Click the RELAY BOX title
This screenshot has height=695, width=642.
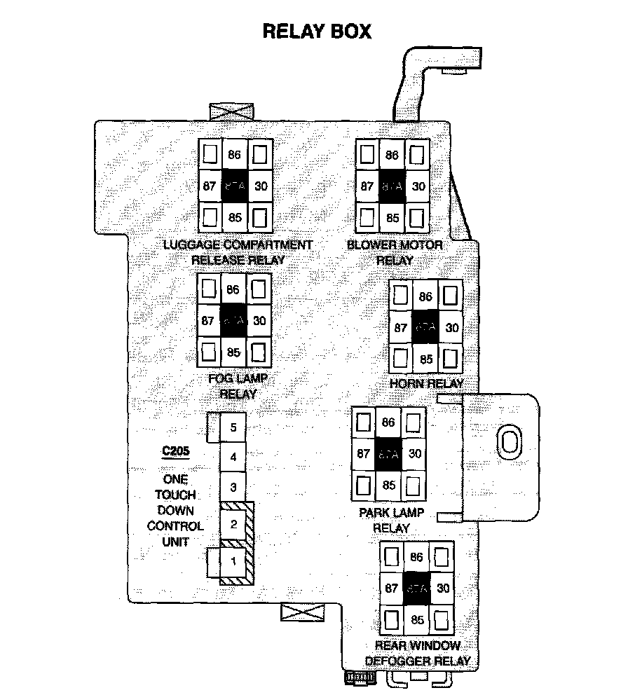coord(316,32)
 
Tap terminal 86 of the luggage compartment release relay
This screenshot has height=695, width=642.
coord(234,156)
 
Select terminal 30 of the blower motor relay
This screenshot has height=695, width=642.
coord(418,186)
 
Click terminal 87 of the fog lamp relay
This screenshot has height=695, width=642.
coord(207,321)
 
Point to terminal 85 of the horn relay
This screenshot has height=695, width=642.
coord(425,359)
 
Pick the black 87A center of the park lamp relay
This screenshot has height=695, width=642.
coord(388,453)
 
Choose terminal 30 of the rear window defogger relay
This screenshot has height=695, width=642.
coord(442,589)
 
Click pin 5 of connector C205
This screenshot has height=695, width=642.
coord(233,427)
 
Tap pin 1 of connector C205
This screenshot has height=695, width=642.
coord(233,560)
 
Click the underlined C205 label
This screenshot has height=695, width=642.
coord(176,452)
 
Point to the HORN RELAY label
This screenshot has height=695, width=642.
coord(427,384)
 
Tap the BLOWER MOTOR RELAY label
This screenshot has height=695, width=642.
coord(395,252)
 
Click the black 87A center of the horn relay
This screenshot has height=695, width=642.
coord(425,328)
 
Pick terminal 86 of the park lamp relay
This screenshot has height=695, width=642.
coord(389,422)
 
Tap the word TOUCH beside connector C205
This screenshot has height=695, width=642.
coord(175,495)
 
